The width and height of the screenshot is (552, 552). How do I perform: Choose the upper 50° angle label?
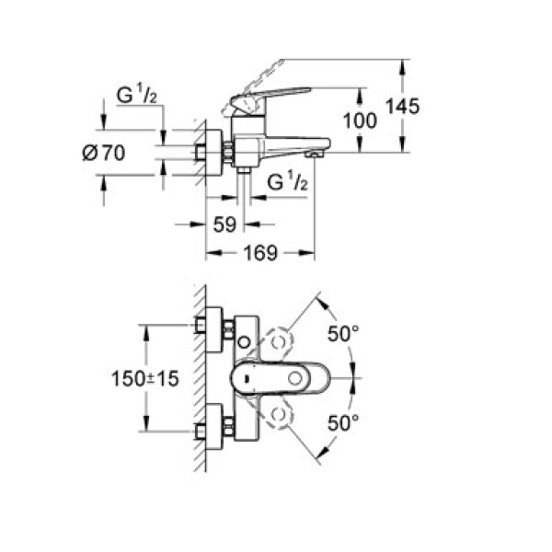point(342,334)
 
